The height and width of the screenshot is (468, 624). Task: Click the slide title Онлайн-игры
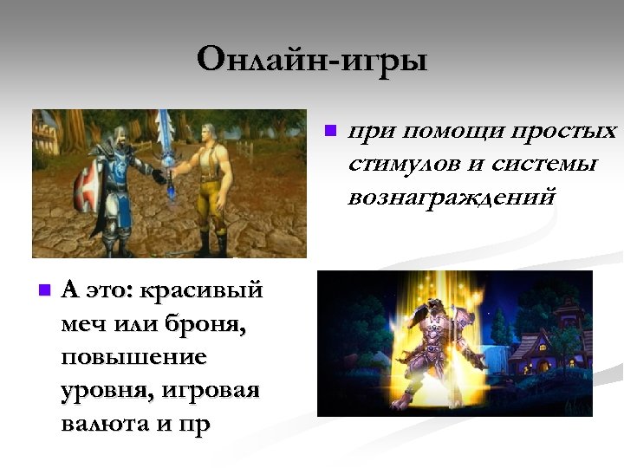(x=312, y=61)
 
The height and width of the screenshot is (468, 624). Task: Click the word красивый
(x=201, y=291)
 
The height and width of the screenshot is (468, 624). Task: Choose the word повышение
(x=133, y=358)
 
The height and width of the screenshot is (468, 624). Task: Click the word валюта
(x=109, y=424)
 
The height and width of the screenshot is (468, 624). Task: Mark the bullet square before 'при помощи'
(x=329, y=133)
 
